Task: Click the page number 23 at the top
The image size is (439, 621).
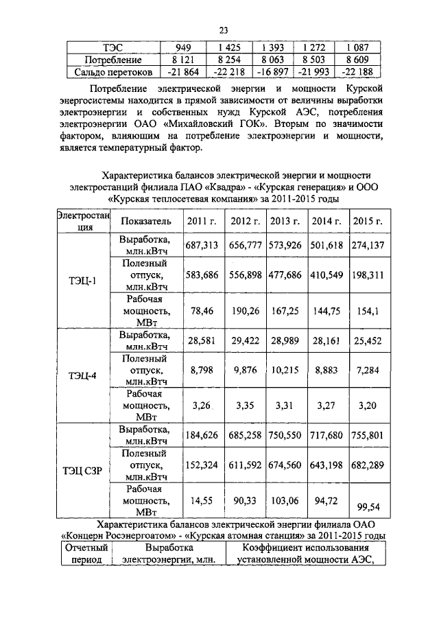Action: [223, 30]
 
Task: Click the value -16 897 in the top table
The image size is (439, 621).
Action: [272, 72]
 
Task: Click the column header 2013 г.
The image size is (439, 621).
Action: [285, 222]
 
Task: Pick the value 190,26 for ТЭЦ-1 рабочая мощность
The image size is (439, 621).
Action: [244, 311]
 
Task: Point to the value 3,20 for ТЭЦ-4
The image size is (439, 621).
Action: [368, 406]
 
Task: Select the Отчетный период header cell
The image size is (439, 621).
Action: [86, 554]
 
